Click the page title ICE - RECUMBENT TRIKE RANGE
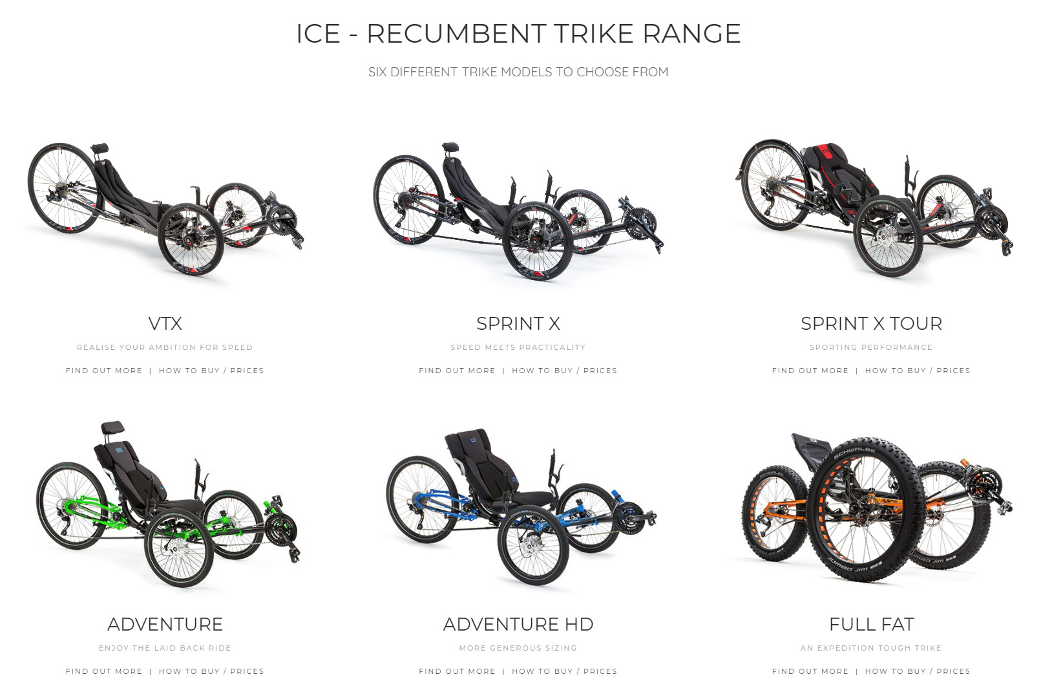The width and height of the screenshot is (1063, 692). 518,34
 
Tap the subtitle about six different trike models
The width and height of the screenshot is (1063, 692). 518,72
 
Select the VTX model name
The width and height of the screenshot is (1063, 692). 165,323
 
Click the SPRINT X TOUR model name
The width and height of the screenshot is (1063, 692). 871,323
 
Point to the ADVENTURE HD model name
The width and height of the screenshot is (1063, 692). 518,624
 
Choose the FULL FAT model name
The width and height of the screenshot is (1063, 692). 872,624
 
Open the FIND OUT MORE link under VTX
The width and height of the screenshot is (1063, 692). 104,371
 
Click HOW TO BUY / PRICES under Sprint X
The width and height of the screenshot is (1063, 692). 564,371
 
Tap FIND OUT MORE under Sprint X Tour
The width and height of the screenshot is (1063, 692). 810,371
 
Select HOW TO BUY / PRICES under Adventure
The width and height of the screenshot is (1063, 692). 211,671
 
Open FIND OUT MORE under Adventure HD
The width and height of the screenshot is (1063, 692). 457,671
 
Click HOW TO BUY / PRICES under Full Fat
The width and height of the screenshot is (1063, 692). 918,671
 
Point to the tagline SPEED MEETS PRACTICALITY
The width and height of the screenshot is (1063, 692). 518,347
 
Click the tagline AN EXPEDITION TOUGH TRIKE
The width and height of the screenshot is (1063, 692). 871,648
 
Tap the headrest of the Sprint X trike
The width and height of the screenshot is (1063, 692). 450,147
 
